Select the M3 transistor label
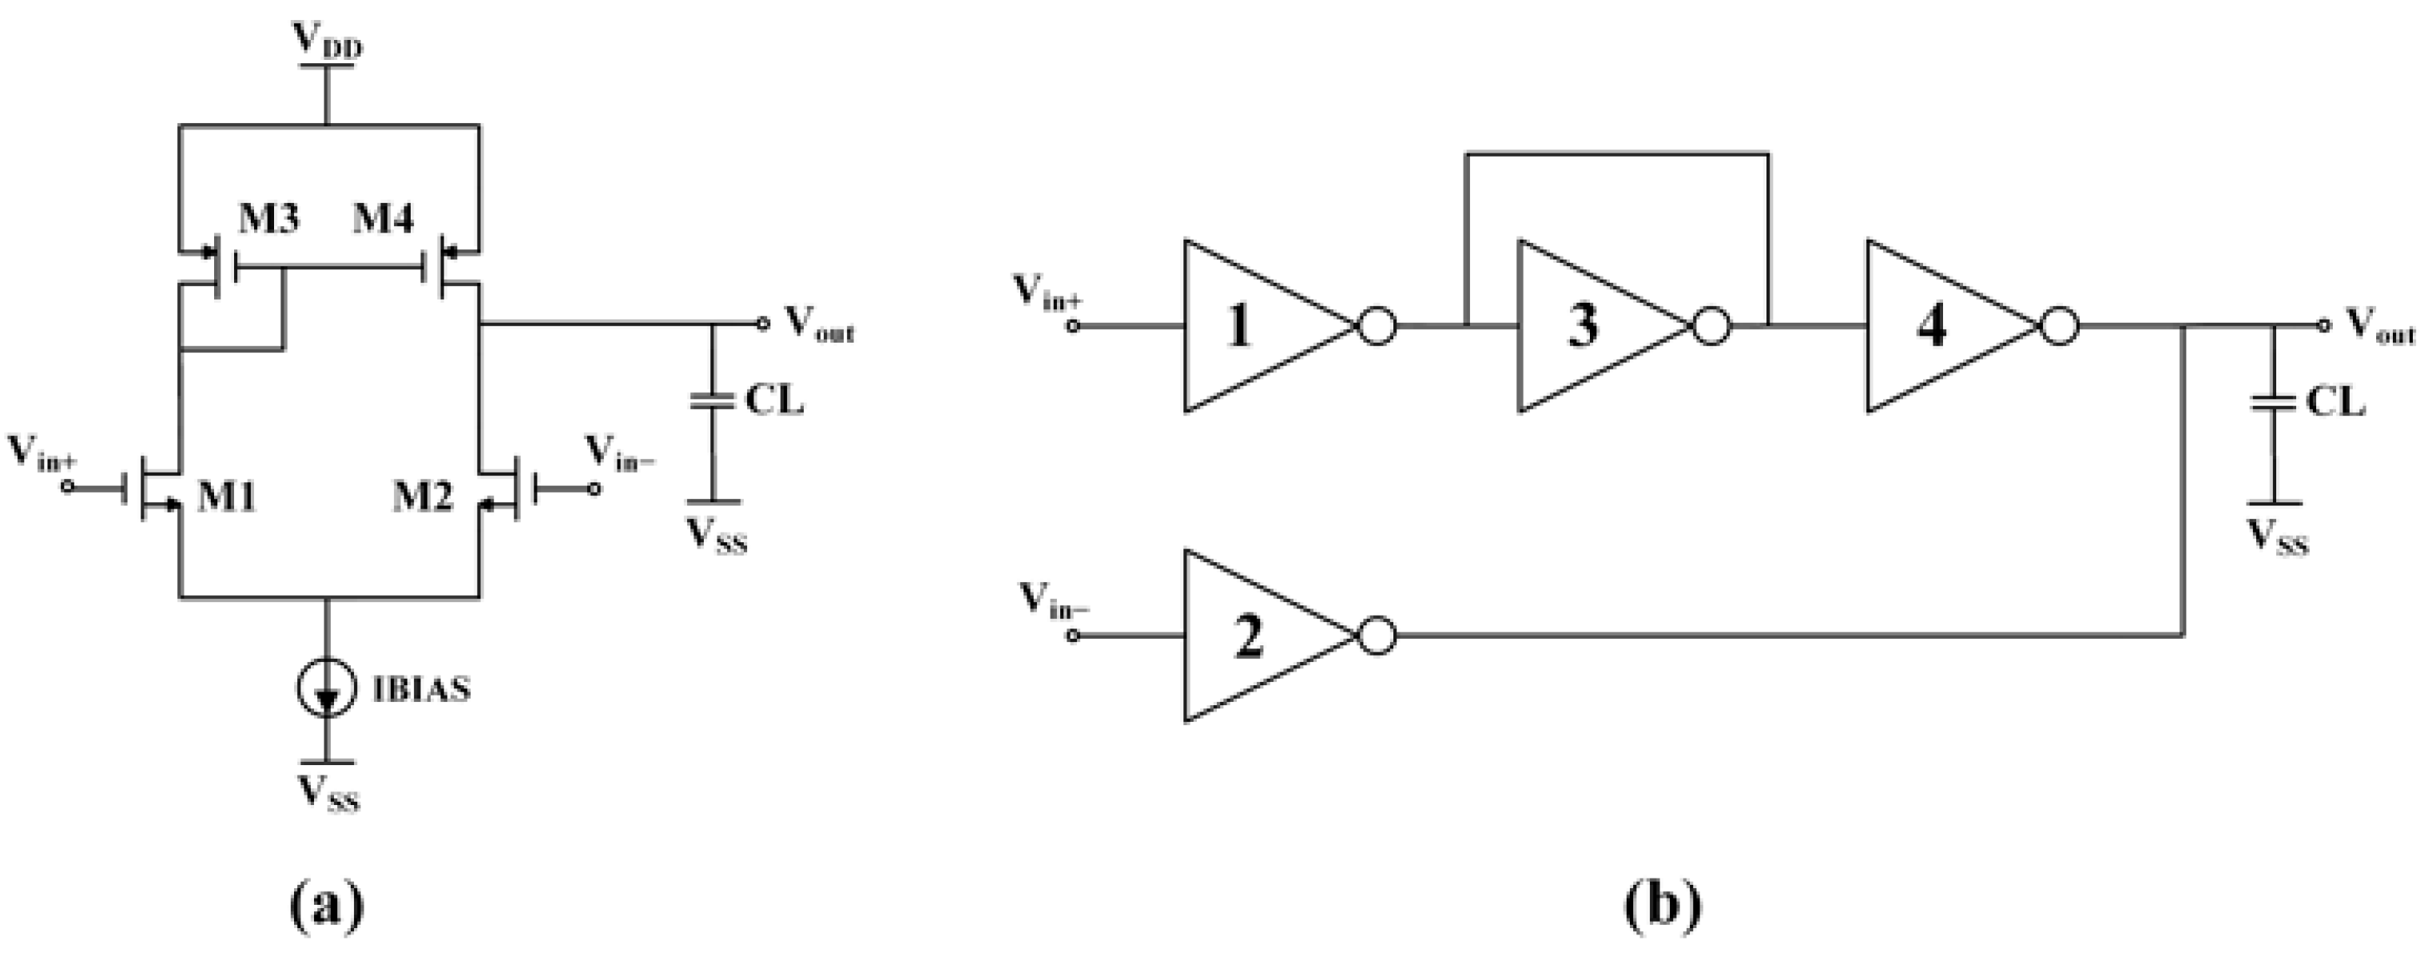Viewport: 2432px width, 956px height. point(268,219)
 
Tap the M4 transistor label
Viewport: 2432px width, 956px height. point(383,219)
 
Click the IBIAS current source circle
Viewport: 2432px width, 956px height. point(327,690)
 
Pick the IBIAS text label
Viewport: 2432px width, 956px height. point(421,690)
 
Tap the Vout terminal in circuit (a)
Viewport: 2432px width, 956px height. point(763,323)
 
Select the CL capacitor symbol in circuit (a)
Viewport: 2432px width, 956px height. point(713,401)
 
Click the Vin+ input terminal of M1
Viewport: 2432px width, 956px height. point(67,487)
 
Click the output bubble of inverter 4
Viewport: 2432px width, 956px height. point(2059,327)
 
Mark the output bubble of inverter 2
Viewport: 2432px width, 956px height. point(1377,636)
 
